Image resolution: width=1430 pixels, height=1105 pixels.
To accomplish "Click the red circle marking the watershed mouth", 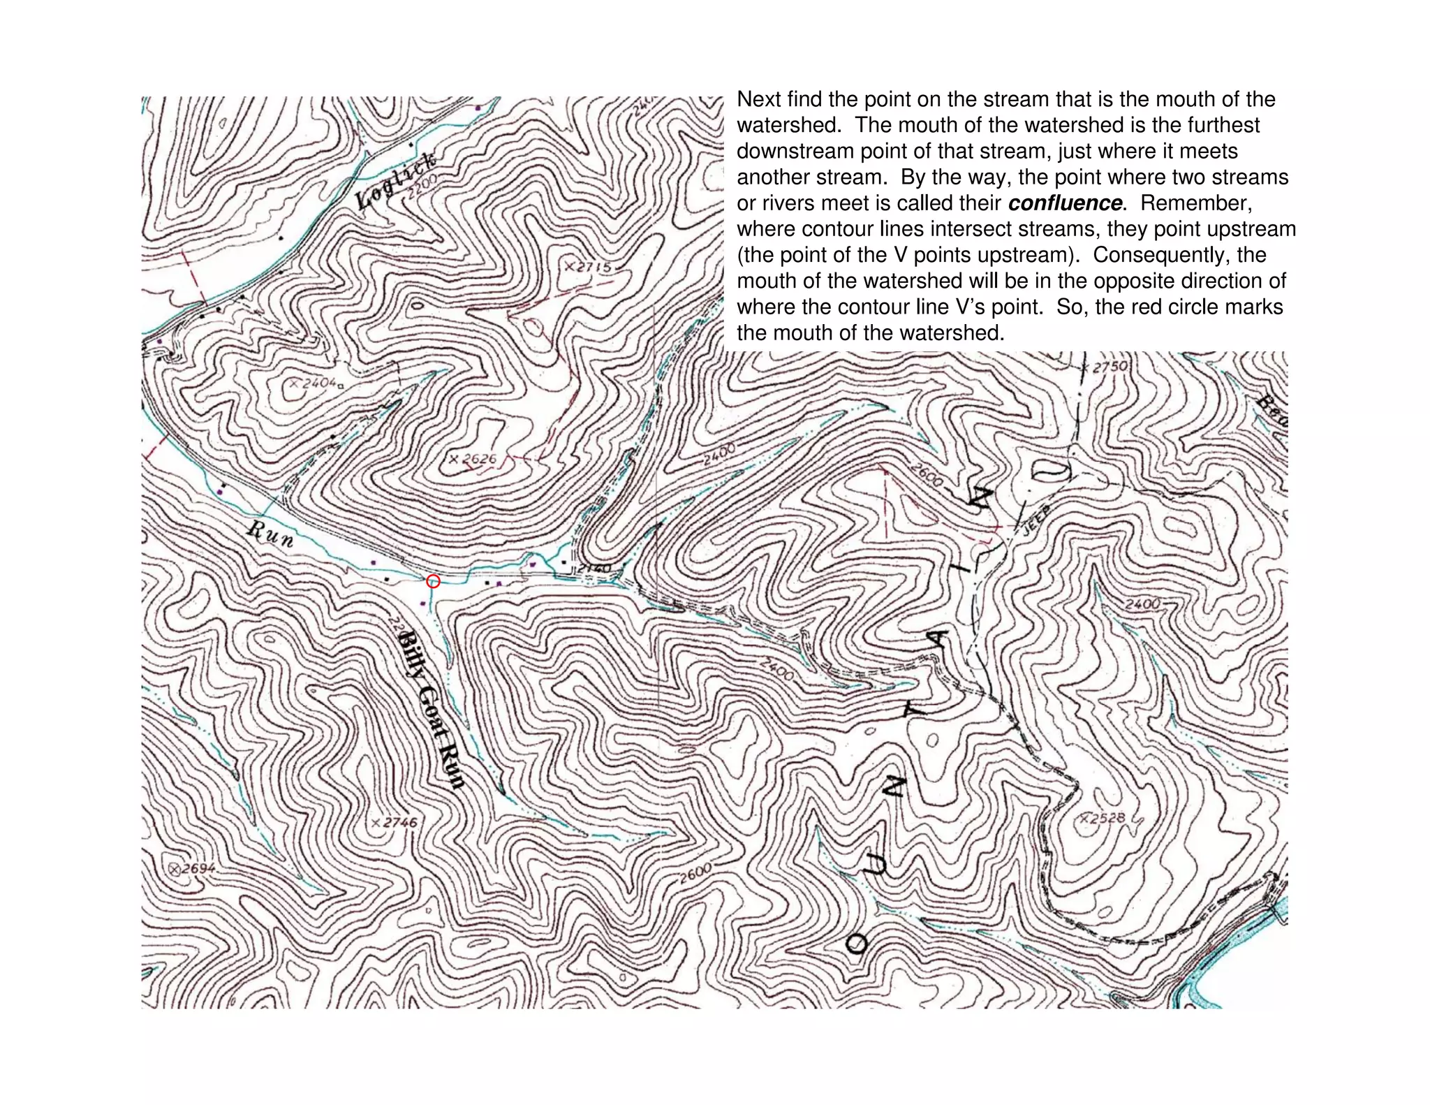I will (433, 580).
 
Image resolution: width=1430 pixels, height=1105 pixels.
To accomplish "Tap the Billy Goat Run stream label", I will (431, 709).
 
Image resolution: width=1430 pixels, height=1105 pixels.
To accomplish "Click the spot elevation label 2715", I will (589, 267).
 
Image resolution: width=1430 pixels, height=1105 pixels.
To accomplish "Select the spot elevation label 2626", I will (473, 459).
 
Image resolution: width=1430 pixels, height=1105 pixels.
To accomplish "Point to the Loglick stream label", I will (395, 181).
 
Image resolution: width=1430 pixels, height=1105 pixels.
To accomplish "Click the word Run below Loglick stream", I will (270, 534).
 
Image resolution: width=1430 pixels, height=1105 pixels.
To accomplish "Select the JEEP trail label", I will (1037, 517).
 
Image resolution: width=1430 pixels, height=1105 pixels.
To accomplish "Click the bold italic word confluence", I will (1065, 203).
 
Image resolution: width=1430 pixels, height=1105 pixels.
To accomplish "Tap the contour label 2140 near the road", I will (594, 569).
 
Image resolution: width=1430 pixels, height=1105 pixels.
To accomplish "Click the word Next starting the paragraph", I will (759, 100).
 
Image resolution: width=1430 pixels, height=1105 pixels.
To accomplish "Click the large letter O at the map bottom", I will (858, 944).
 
